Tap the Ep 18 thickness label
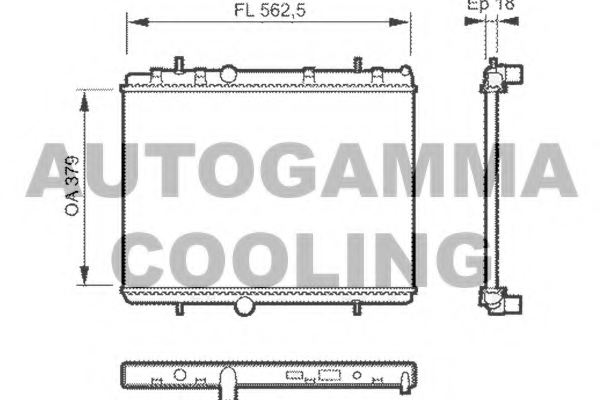(490, 5)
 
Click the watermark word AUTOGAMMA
(300, 170)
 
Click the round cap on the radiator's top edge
(228, 73)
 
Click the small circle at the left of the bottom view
(180, 375)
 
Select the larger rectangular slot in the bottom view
(327, 376)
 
